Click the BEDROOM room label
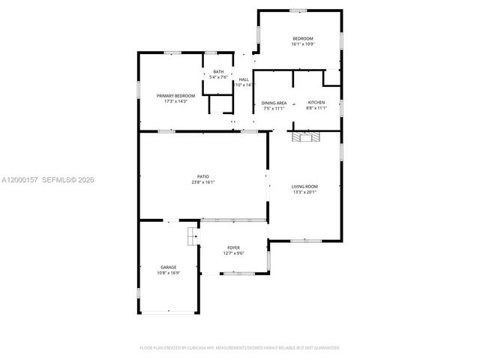tap(303, 38)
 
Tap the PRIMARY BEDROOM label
tap(175, 96)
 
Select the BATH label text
tap(218, 72)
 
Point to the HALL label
tap(244, 79)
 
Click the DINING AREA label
tap(274, 103)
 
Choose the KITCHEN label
tap(316, 103)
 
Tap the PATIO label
tap(202, 176)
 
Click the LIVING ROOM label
tap(304, 186)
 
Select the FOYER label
tap(234, 247)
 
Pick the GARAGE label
tap(168, 267)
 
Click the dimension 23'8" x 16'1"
tap(202, 182)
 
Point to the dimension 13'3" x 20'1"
tap(304, 192)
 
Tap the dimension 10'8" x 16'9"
tap(168, 273)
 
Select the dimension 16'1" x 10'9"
tap(303, 44)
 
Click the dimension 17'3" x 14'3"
tap(175, 102)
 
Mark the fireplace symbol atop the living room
tap(305, 136)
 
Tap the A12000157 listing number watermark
tap(19, 180)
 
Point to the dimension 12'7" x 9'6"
tap(234, 253)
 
